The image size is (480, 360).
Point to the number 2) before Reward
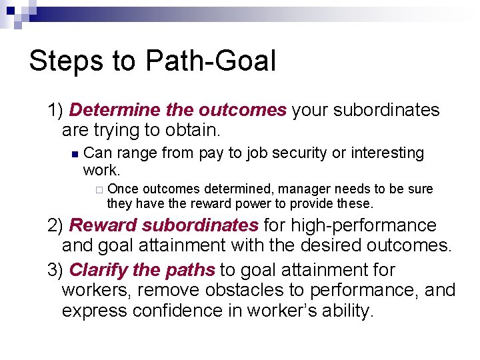point(56,226)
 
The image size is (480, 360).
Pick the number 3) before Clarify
point(56,270)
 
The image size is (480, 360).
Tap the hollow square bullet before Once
point(99,190)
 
